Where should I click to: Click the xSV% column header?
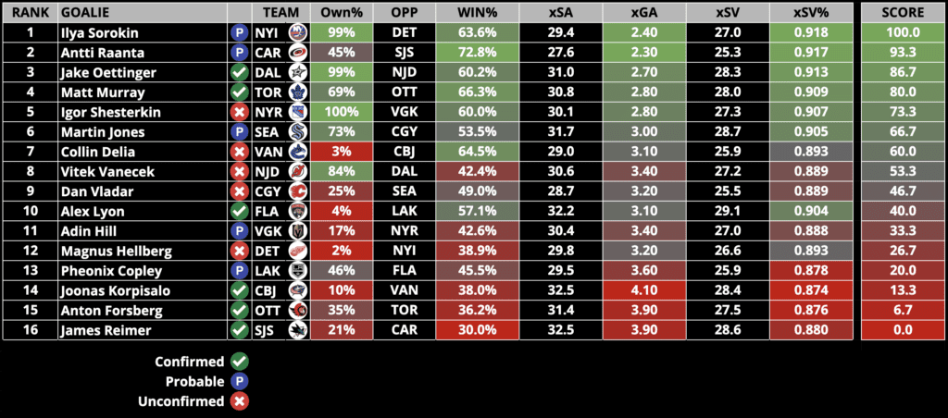coord(811,11)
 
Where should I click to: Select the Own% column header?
coord(341,11)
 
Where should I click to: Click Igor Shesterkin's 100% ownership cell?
coord(341,112)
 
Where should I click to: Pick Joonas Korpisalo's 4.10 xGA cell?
coord(643,290)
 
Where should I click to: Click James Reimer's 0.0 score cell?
coord(901,330)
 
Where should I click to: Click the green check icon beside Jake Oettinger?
coord(239,71)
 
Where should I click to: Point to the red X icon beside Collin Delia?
coord(239,152)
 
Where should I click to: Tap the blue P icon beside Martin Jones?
coord(239,131)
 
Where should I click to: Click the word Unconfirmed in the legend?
coord(189,401)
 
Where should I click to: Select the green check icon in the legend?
coord(240,362)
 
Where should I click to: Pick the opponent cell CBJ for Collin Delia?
coord(404,152)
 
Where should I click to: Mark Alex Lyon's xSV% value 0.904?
coord(811,211)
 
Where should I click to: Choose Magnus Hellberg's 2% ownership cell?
coord(341,251)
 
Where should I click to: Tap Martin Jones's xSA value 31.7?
coord(561,131)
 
